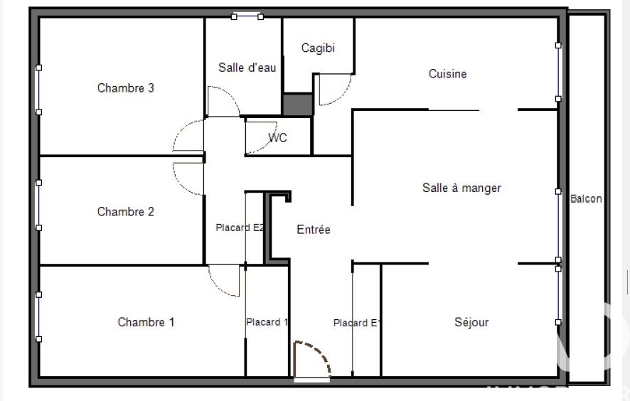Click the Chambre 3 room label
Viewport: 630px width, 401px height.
click(x=126, y=88)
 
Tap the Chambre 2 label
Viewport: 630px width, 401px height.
click(x=126, y=212)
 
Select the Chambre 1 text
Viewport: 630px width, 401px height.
click(x=146, y=322)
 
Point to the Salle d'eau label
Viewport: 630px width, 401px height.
click(x=247, y=68)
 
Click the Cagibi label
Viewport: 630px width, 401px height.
click(x=318, y=48)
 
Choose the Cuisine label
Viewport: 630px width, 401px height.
click(x=447, y=74)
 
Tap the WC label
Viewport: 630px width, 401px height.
click(x=277, y=138)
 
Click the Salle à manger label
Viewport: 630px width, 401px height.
click(x=461, y=188)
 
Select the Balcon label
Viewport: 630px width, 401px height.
click(x=586, y=198)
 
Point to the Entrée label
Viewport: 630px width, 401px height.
click(x=314, y=230)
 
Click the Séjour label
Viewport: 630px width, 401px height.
click(x=471, y=322)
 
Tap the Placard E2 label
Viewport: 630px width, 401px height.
click(x=240, y=228)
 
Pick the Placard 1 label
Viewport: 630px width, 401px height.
click(x=267, y=322)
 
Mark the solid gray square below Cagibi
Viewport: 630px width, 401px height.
click(x=298, y=105)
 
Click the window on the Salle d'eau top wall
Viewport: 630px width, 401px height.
click(x=247, y=16)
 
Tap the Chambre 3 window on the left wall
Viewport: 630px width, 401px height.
click(x=38, y=90)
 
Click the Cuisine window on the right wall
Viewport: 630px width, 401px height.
click(x=558, y=72)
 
